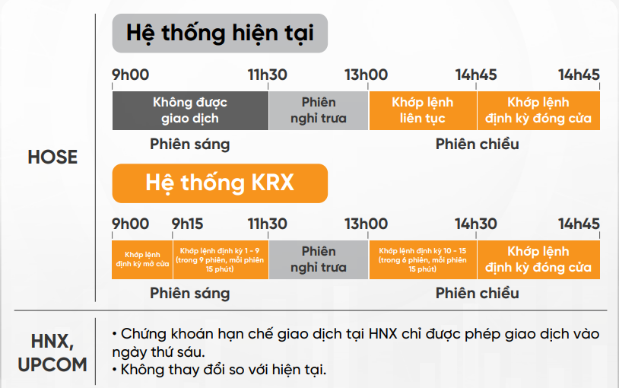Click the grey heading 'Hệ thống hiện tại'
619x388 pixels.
pos(220,33)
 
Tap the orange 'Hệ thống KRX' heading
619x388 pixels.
pos(220,183)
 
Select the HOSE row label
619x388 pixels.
pos(52,157)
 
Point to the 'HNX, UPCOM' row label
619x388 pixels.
pos(52,353)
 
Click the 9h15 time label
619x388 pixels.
pos(187,224)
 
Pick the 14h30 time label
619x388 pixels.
pos(476,224)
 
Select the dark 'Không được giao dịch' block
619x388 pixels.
pos(190,110)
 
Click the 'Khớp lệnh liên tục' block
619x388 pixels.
pos(423,110)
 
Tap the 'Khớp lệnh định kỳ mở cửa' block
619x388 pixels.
pos(142,259)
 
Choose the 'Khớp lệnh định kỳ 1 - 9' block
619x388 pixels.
pos(221,259)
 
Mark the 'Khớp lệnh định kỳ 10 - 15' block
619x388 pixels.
pos(423,259)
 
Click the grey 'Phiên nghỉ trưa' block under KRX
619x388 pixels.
pos(319,259)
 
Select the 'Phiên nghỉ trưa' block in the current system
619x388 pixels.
pos(319,110)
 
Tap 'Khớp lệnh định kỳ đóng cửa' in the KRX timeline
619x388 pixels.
pos(538,259)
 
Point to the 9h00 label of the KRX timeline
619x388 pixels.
pos(130,224)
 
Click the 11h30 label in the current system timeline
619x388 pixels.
pos(267,75)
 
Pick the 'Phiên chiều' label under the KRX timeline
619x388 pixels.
pos(478,293)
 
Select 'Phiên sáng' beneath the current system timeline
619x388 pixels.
pos(190,145)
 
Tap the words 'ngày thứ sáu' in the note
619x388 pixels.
pos(158,352)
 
